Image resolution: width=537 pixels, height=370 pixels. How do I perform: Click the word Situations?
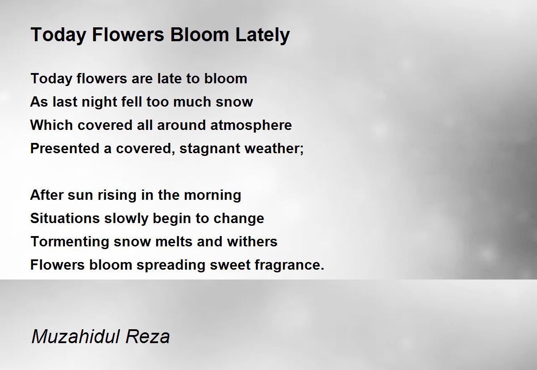(65, 219)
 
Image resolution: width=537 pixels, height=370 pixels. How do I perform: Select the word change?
(239, 219)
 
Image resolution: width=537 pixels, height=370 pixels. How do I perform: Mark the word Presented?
(65, 148)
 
